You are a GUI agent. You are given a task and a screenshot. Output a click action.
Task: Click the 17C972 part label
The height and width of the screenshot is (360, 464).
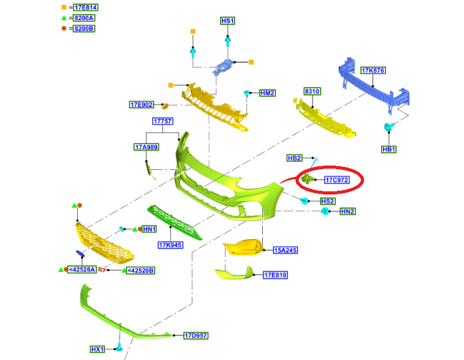click(x=336, y=180)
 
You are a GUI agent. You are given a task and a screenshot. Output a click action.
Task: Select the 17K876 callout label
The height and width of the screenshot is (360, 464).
click(x=373, y=70)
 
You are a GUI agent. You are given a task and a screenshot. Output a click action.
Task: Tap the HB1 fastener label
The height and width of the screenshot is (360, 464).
click(x=389, y=149)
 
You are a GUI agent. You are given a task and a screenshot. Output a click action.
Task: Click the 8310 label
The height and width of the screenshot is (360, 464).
click(x=312, y=91)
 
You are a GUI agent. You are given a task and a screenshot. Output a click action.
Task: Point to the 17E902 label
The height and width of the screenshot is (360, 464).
click(x=141, y=104)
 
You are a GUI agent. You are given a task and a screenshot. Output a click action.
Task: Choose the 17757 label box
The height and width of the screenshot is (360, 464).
click(x=162, y=121)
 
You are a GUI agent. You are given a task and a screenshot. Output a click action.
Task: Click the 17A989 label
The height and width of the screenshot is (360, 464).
click(x=146, y=147)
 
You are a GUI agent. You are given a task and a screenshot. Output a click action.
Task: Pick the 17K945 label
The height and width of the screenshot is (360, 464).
click(x=170, y=245)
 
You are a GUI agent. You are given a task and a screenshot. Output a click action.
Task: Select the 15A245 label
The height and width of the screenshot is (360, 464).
click(x=285, y=250)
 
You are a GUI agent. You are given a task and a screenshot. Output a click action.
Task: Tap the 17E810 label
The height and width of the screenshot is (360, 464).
click(x=275, y=275)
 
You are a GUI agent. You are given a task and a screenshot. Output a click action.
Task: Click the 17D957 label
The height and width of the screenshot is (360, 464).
click(x=196, y=335)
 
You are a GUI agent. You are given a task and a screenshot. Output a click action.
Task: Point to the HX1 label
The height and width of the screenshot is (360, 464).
click(x=97, y=349)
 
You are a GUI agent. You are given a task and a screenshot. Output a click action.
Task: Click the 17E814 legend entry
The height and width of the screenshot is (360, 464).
click(x=86, y=8)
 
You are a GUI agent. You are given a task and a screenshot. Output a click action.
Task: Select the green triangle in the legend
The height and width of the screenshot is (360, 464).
click(x=64, y=18)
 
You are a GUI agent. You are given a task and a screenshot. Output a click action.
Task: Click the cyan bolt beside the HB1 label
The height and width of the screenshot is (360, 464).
click(x=389, y=127)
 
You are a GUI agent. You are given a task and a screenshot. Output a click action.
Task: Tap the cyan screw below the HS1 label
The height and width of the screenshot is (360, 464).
click(x=228, y=41)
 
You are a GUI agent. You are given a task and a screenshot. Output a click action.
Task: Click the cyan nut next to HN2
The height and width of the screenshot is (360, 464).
click(x=325, y=211)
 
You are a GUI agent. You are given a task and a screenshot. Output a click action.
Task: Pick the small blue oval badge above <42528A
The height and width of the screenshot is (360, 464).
click(x=80, y=254)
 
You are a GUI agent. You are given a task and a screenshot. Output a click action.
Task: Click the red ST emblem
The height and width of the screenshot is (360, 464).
click(x=102, y=270)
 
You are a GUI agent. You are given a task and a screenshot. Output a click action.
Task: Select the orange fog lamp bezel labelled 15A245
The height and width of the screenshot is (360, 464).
click(x=243, y=247)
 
